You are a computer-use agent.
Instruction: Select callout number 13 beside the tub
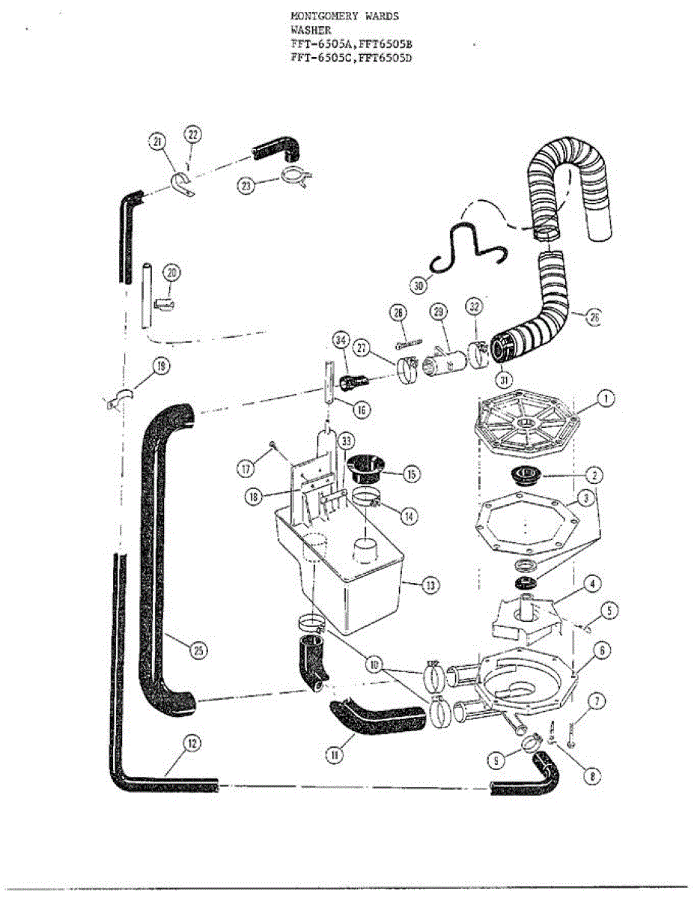click(428, 586)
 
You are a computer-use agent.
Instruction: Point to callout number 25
click(198, 650)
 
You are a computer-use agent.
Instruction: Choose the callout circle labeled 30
click(419, 285)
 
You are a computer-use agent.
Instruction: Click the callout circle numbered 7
click(597, 702)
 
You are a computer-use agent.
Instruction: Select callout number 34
click(341, 343)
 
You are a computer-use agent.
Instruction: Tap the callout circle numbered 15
click(412, 474)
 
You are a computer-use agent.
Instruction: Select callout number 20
click(173, 273)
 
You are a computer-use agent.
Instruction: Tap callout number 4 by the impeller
click(591, 583)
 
